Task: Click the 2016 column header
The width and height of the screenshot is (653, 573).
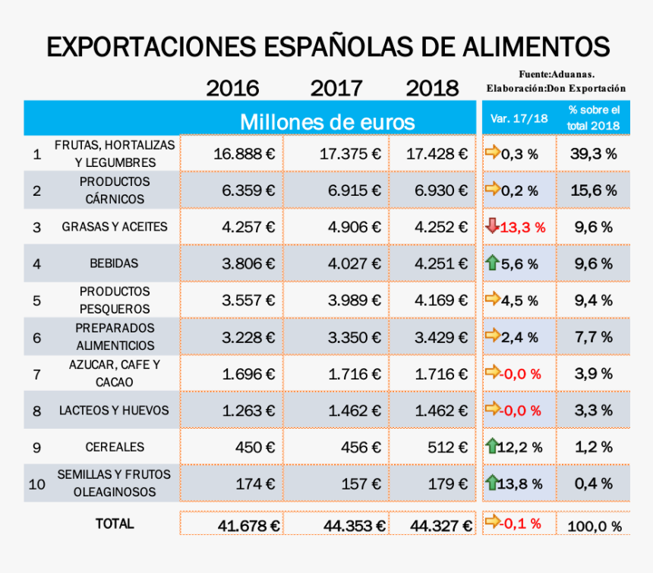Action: coord(232,88)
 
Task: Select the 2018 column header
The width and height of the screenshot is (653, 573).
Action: coord(432,88)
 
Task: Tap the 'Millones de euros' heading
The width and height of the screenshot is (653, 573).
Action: coord(327,121)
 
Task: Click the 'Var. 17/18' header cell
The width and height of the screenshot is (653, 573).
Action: coord(519,118)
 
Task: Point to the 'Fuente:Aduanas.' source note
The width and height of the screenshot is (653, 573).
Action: coord(557,74)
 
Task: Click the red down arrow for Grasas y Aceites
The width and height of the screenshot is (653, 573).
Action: coord(492,226)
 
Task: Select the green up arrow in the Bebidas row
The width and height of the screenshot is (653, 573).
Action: coord(492,263)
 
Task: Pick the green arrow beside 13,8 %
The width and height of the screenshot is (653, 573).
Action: coord(492,482)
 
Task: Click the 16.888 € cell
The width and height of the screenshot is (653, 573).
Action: coord(244,153)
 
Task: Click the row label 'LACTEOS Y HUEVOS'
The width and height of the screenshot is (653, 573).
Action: coord(114,411)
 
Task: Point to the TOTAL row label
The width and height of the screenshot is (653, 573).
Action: coord(115,524)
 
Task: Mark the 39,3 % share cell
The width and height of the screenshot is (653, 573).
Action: coord(593,153)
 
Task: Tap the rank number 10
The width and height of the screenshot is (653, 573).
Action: coord(36,484)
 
